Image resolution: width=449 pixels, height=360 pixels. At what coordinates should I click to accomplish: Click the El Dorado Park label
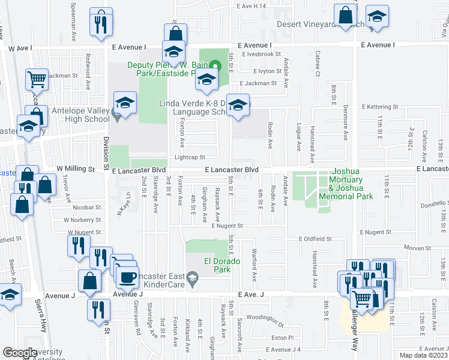[217, 266]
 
